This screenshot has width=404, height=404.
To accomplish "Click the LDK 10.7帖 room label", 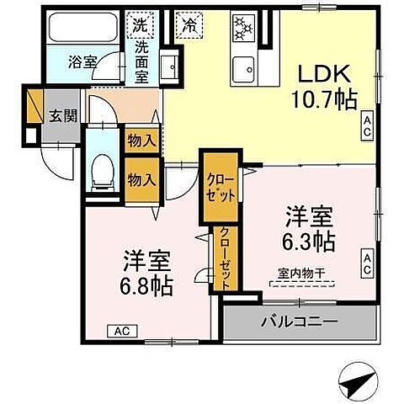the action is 324,87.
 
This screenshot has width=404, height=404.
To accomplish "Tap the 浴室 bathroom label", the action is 82,62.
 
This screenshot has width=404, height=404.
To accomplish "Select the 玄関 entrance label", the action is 63,115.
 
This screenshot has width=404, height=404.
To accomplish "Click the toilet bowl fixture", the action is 104,173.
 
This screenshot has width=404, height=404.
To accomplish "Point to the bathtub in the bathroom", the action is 83,27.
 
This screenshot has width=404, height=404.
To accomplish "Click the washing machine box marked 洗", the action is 140,25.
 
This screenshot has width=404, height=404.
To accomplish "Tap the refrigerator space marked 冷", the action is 189,25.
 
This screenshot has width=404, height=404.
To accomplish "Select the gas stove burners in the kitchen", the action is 243,27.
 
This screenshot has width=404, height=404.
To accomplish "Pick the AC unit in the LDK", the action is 367,126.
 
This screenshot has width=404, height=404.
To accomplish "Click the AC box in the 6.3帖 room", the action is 367,263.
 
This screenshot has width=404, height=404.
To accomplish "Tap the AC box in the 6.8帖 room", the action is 123,332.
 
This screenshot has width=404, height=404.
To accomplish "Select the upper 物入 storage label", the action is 141,141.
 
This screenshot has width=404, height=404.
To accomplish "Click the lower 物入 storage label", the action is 141,180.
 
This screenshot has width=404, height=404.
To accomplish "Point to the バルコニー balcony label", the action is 300,322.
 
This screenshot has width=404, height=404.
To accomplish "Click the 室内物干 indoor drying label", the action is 301,274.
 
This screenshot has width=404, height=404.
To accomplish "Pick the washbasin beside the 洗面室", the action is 169,67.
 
